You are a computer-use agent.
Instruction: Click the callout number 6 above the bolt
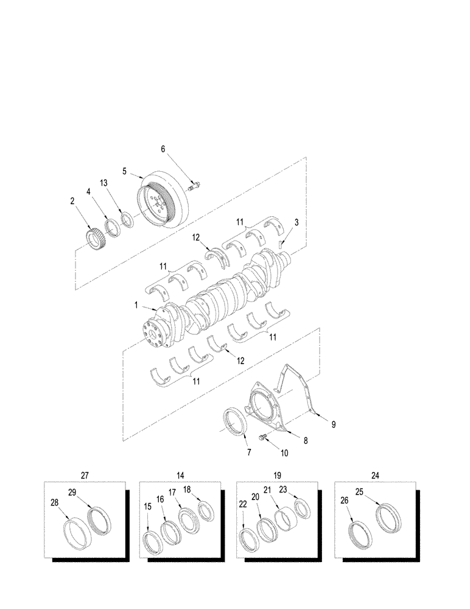pos(163,149)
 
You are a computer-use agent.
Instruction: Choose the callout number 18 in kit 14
pos(187,489)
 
